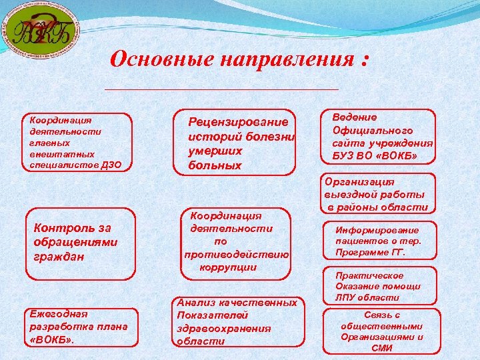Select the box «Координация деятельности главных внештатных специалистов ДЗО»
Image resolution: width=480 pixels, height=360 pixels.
click(x=77, y=142)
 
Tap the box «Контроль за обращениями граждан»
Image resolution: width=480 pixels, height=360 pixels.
click(x=79, y=243)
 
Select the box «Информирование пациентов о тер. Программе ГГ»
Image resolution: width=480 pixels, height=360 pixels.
click(x=379, y=240)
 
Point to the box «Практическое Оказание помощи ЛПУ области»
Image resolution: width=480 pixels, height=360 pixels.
click(x=379, y=285)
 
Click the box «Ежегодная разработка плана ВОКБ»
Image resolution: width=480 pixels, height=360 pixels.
click(x=79, y=327)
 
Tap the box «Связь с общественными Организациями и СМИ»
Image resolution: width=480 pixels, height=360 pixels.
click(x=382, y=331)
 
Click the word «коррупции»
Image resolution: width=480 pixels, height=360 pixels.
click(x=228, y=267)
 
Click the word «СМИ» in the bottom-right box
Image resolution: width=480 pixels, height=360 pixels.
click(x=383, y=347)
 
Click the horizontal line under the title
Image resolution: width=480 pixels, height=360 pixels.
click(x=222, y=89)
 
